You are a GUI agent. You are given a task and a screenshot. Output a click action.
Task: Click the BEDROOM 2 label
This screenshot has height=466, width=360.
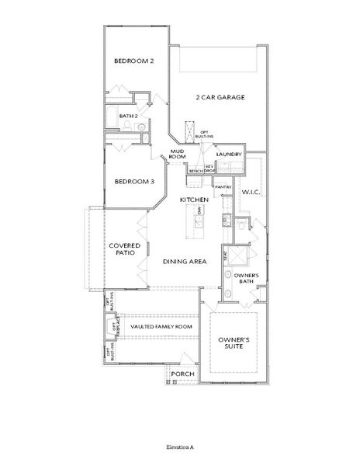coord(133,61)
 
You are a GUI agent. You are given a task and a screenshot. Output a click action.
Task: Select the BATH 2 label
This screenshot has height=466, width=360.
coord(128,116)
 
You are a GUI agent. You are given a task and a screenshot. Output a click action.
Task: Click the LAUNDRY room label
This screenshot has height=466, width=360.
coord(230,155)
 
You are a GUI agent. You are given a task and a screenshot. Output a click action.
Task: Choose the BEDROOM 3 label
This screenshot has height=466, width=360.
coord(133,182)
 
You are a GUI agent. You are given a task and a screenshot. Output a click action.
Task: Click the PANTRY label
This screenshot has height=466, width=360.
coord(223,187)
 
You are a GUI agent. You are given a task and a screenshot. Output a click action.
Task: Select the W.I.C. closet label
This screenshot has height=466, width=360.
coord(251,191)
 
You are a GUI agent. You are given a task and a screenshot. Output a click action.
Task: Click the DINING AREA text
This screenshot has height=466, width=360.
coord(184,262)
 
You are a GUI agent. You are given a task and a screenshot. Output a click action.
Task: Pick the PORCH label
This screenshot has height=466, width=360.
coord(182,374)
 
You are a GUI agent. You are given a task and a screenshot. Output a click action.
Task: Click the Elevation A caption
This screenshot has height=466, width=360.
coord(179,448)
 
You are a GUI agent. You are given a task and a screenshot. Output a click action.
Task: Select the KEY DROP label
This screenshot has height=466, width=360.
coord(209,169)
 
